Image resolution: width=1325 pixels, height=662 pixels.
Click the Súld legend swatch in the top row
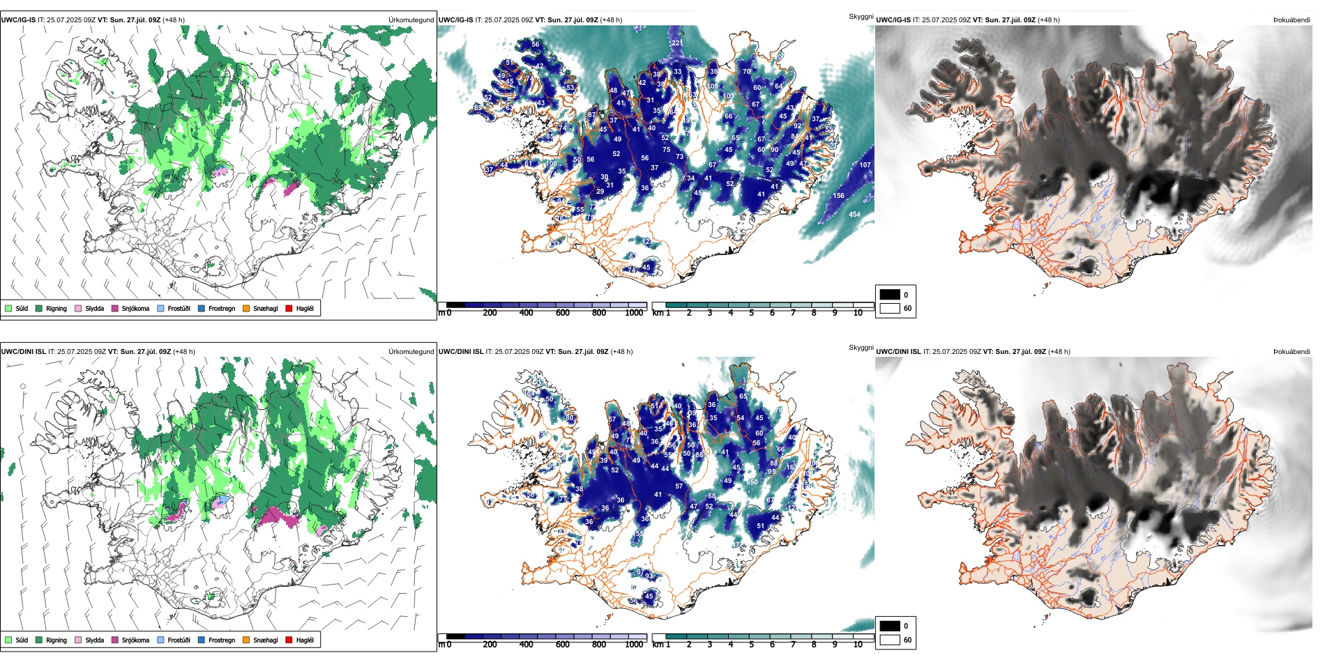[x=8, y=308]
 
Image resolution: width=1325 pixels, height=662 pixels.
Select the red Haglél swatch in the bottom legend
[x=289, y=640]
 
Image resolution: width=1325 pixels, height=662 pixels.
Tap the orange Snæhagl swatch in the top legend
[x=246, y=308]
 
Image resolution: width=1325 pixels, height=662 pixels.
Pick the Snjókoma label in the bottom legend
[x=135, y=640]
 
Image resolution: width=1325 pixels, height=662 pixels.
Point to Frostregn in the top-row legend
[x=221, y=308]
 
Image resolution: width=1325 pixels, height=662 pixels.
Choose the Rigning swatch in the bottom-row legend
[x=39, y=640]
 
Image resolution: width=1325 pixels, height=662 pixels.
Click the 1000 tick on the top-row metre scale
[x=634, y=313]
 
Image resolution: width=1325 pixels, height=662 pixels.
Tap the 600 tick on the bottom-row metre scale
[x=562, y=645]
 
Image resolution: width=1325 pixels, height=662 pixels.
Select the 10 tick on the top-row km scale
[x=858, y=313]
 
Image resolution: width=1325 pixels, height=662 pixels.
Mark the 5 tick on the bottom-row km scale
[x=751, y=645]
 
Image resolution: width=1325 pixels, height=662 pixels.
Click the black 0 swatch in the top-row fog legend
[x=890, y=294]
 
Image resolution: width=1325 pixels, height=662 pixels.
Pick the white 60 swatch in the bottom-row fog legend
[x=890, y=640]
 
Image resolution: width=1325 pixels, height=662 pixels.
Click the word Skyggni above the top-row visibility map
[x=861, y=16]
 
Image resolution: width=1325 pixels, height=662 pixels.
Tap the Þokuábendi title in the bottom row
[x=1292, y=351]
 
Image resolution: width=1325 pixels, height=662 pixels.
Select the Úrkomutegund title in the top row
[x=411, y=20]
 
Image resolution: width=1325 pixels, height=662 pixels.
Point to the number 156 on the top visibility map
[x=838, y=196]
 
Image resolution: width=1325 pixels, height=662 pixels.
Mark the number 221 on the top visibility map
[x=676, y=43]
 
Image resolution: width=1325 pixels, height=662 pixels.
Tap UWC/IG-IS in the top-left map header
[x=18, y=20]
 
